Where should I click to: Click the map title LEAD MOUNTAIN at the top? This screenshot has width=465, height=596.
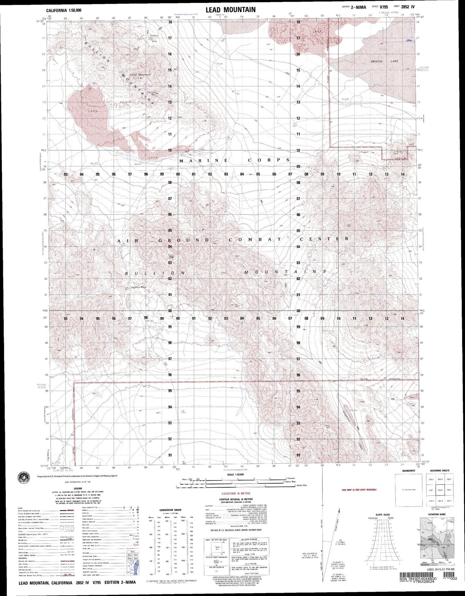click(231, 10)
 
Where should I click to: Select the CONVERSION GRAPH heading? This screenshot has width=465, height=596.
click(170, 510)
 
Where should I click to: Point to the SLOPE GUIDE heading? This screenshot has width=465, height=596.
click(382, 515)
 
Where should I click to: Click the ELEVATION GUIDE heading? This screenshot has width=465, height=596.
click(437, 515)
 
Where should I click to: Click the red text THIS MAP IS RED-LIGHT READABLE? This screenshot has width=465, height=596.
click(359, 490)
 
